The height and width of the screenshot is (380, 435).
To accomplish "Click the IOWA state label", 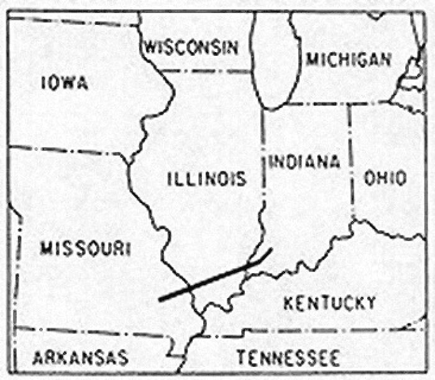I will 65,83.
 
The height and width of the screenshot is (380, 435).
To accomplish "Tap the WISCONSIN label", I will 191,47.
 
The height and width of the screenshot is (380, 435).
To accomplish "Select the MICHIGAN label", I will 349,59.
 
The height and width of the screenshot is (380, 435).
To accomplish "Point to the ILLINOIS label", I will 207,179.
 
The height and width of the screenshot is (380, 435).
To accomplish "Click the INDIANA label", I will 304,162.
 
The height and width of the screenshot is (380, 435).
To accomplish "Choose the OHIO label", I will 385,178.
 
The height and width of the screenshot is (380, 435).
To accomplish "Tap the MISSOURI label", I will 85,249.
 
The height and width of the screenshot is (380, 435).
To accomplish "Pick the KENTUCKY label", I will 329,303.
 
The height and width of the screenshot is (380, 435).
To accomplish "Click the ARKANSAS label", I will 80,358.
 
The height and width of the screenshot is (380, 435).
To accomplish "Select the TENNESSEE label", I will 287,358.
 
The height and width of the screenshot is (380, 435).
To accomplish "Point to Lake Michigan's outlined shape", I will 273,59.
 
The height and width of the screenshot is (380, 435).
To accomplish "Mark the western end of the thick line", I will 160,299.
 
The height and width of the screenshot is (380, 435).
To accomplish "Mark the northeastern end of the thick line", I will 271,250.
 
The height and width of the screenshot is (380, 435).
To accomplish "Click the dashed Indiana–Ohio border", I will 350,161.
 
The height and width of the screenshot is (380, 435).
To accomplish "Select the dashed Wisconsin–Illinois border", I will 205,71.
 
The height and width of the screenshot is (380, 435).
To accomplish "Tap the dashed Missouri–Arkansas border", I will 93,331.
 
